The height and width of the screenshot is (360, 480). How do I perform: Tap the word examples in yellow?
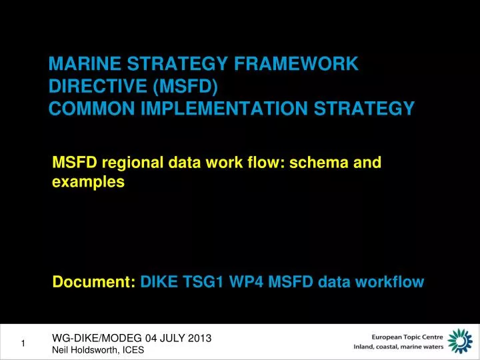[88, 181]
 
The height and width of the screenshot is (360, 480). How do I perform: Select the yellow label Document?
[94, 283]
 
